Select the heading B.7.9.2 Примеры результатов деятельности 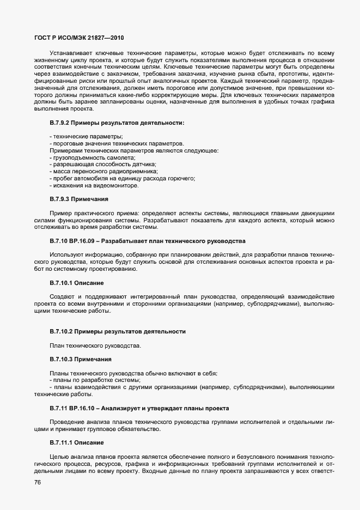117,123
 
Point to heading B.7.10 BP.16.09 148,240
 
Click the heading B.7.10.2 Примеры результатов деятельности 118,331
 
